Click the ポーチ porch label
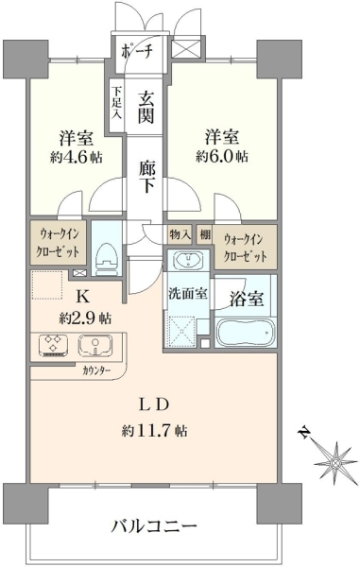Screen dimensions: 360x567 [136, 52]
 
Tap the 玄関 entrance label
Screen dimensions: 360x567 [146, 108]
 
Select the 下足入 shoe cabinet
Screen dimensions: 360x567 [116, 106]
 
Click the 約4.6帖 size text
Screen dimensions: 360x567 [77, 158]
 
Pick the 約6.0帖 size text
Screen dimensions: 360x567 [222, 157]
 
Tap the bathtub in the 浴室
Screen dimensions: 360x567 [245, 333]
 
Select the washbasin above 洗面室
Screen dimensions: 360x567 [188, 259]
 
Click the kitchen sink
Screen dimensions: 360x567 [95, 345]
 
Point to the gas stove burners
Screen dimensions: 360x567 [54, 346]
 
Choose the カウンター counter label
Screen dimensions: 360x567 [96, 371]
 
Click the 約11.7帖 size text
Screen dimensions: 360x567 [154, 431]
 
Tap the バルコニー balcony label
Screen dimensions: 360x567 [154, 525]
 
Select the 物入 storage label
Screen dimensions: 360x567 [180, 235]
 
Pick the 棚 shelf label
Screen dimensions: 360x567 [205, 234]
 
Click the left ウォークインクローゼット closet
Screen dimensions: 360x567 [58, 243]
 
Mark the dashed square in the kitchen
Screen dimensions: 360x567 [47, 285]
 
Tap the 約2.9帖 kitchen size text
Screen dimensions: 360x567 [85, 318]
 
